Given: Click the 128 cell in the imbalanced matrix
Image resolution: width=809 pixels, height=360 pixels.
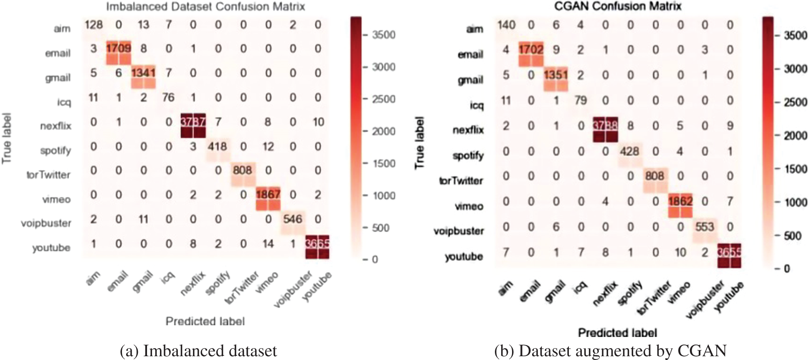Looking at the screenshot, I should tap(94, 25).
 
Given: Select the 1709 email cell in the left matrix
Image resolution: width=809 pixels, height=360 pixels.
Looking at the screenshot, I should tap(119, 48).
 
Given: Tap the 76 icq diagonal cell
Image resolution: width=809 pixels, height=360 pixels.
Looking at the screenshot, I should tap(168, 98).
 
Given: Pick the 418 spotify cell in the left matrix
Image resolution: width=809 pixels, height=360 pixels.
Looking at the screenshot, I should tap(218, 147).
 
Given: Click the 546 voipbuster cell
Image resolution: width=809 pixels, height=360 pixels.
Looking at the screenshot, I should tap(293, 219).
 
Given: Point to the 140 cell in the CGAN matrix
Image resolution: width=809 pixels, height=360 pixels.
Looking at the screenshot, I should tap(507, 25).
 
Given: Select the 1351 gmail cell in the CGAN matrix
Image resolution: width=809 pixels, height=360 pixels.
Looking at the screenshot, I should tap(555, 75).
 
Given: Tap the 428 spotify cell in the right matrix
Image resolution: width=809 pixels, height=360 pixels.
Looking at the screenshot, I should tap(629, 151).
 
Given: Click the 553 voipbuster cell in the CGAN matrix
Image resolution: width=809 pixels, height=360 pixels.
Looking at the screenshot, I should tap(705, 227).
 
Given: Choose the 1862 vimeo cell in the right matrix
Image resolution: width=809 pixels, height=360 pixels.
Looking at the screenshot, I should tap(680, 201).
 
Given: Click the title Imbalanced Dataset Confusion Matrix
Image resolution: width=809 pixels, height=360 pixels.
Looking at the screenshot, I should tap(205, 7).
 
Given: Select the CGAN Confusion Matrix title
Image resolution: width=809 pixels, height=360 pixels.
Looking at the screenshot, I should tap(618, 6).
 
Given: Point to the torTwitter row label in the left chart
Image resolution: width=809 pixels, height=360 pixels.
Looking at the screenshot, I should tap(48, 175).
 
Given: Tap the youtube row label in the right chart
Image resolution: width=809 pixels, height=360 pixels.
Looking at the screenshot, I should tap(464, 256).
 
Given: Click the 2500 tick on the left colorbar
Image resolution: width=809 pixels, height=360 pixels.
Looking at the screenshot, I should tap(383, 99).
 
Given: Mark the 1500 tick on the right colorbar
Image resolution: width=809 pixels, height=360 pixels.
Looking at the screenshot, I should tap(795, 169).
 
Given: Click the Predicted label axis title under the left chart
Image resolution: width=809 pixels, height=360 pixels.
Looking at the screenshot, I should tap(205, 321).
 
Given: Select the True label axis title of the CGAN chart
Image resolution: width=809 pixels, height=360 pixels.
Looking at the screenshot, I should tap(419, 143).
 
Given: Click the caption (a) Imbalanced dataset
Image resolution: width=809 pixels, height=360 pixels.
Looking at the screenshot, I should tap(198, 351).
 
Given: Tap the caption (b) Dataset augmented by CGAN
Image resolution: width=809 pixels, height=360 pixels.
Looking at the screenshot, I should tap(610, 351).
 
